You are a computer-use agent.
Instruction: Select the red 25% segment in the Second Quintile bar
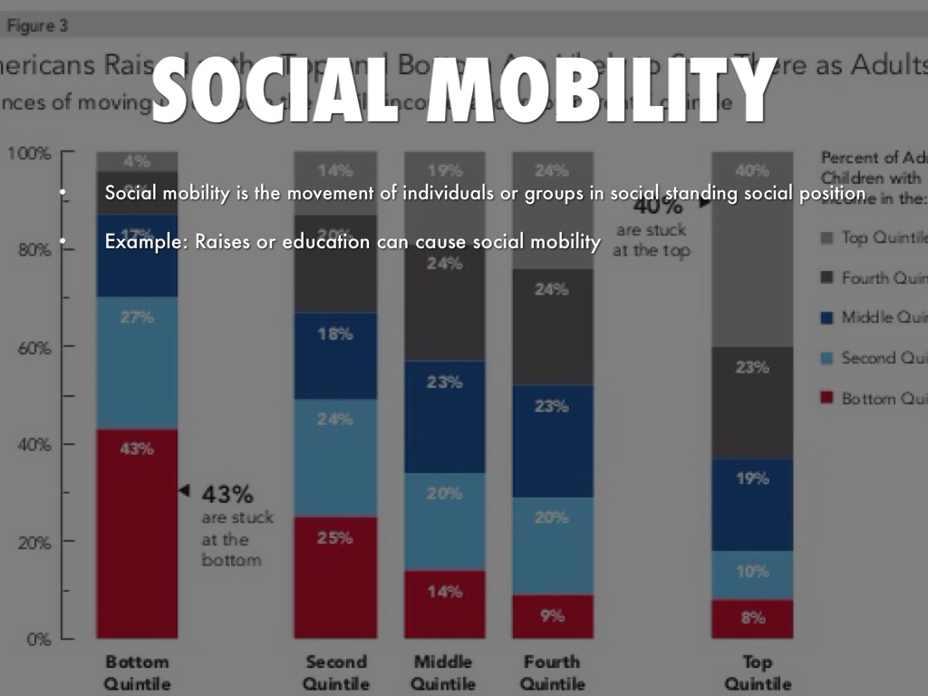tap(334, 577)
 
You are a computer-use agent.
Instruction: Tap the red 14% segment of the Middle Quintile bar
tap(444, 604)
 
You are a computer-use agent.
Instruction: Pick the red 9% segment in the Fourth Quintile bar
tap(552, 616)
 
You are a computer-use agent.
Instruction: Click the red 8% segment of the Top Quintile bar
tap(752, 619)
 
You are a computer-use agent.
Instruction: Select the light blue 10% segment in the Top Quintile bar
tap(752, 575)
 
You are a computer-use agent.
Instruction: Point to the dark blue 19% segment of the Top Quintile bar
tap(752, 505)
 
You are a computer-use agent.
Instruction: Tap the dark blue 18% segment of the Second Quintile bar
tap(334, 356)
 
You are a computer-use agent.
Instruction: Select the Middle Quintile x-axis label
tap(444, 672)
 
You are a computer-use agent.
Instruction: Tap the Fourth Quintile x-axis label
tap(553, 672)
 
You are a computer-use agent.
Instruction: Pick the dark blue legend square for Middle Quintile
tap(826, 317)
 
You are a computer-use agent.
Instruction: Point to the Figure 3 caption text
tap(38, 26)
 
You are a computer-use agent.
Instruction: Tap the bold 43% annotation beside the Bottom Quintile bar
tap(227, 495)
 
